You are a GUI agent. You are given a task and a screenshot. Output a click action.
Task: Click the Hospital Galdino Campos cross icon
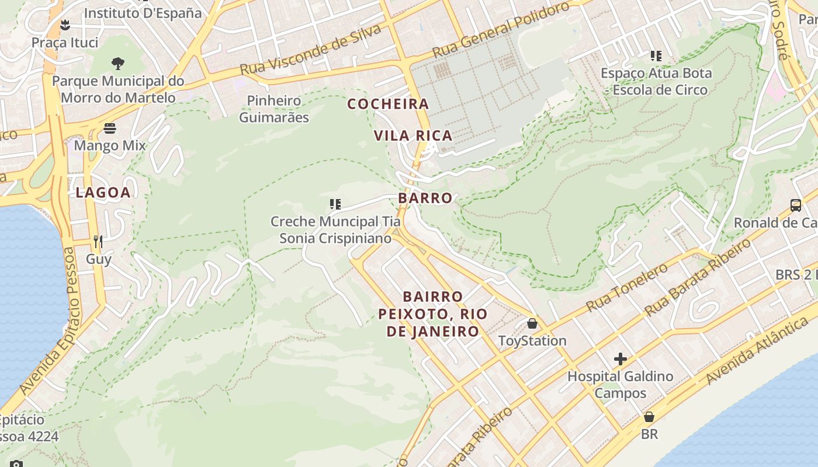(x=621, y=358)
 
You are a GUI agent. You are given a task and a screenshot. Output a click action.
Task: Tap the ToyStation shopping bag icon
(x=532, y=323)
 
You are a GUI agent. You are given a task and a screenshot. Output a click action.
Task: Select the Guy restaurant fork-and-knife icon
(x=98, y=241)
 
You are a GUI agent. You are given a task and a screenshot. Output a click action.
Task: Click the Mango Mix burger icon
(x=110, y=128)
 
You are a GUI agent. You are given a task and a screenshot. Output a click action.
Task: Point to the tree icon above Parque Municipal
(x=118, y=63)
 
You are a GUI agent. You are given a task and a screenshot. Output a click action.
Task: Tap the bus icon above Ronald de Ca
(x=796, y=205)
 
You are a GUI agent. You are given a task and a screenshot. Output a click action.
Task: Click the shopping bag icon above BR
(x=649, y=417)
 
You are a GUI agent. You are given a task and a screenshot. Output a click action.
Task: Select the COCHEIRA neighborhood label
(x=388, y=104)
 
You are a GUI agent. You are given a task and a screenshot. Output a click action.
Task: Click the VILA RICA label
(x=413, y=135)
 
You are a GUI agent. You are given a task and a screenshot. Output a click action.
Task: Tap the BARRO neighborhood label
(x=425, y=198)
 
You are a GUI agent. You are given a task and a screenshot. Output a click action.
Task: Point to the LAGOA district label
(x=103, y=193)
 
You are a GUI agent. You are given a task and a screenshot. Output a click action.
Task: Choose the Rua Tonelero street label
(x=627, y=287)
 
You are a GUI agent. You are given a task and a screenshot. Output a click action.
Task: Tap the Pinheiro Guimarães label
(x=274, y=109)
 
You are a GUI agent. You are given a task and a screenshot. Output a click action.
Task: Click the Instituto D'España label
(x=143, y=13)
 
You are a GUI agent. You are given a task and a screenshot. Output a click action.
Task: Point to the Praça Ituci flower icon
(x=65, y=25)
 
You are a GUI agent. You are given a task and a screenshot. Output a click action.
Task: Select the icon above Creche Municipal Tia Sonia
(x=335, y=204)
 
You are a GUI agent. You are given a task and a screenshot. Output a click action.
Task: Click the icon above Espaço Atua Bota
(x=656, y=56)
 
